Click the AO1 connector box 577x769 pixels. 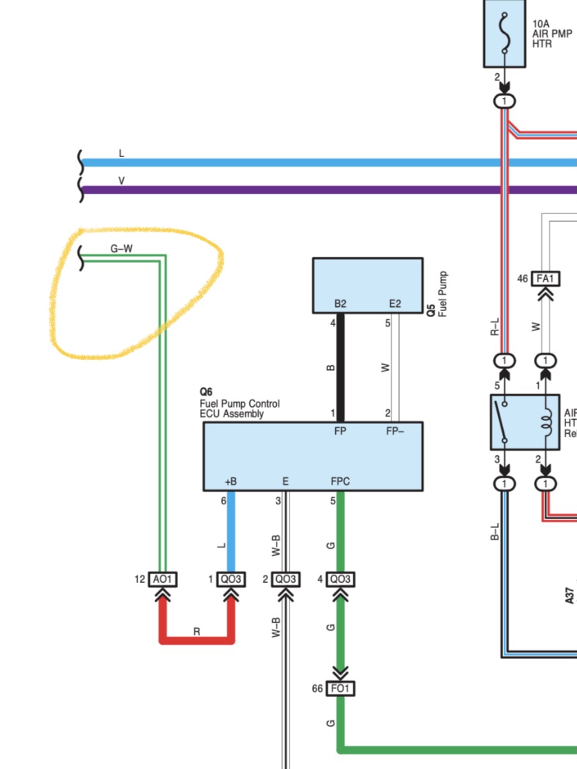point(163,579)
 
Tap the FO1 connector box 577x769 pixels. point(340,688)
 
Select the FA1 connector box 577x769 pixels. point(545,279)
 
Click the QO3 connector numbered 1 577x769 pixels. point(230,579)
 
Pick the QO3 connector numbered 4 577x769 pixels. point(340,579)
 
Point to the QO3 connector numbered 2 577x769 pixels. point(285,579)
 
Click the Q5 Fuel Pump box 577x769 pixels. point(368,285)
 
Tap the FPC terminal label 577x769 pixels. point(340,481)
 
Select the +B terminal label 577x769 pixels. point(230,482)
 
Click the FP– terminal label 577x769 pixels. point(395,431)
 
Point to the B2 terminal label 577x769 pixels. point(340,304)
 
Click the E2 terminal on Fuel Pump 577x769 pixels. point(395,304)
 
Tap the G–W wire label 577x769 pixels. point(122,248)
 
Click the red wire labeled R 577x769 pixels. point(196,640)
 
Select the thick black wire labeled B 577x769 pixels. point(340,368)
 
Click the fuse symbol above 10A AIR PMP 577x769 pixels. point(504,32)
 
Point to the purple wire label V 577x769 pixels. point(121,181)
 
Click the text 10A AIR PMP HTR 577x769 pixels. point(552,34)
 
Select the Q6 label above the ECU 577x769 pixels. point(206,392)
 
